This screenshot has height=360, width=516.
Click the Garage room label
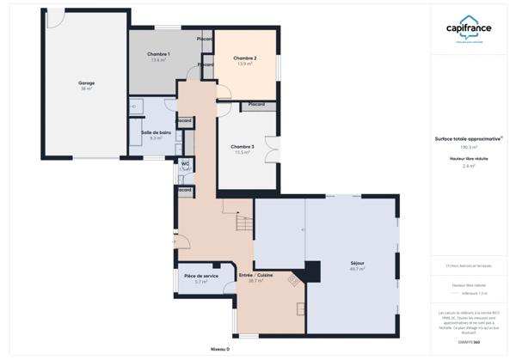pyautogui.click(x=87, y=82)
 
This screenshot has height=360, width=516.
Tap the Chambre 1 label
pyautogui.click(x=159, y=54)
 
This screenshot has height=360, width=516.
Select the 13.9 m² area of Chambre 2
pyautogui.click(x=245, y=64)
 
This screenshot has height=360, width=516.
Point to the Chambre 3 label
pyautogui.click(x=242, y=146)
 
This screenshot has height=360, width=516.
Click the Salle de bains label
pyautogui.click(x=157, y=131)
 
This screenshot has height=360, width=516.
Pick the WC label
pyautogui.click(x=184, y=162)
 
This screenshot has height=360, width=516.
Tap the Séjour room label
pyautogui.click(x=357, y=263)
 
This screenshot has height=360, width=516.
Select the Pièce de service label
pyautogui.click(x=201, y=276)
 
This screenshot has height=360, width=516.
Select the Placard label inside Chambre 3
pyautogui.click(x=256, y=105)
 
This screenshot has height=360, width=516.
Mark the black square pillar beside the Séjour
pyautogui.click(x=313, y=268)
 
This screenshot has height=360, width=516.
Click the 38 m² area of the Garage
pyautogui.click(x=87, y=88)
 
